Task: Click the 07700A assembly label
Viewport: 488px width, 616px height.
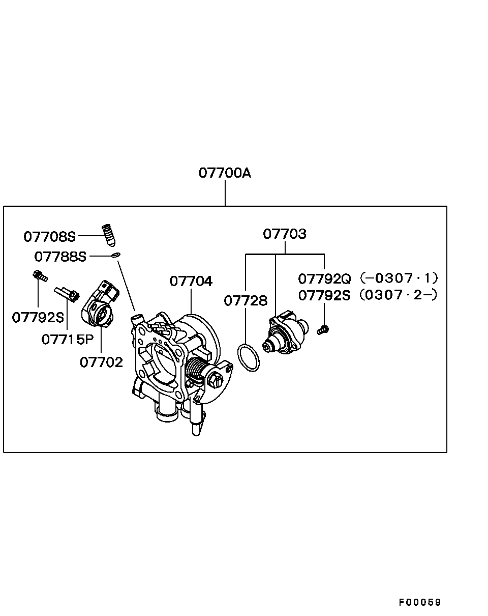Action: click(225, 173)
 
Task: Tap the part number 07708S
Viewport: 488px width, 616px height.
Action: click(49, 237)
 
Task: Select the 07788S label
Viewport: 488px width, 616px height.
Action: click(60, 257)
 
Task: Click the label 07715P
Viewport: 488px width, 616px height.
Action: click(68, 340)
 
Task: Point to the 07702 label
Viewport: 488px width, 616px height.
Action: click(101, 362)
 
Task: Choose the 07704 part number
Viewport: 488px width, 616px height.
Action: click(191, 281)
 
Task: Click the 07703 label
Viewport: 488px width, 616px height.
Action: click(285, 234)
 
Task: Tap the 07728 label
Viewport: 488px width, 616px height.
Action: click(246, 300)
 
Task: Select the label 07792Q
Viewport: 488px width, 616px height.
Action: click(324, 278)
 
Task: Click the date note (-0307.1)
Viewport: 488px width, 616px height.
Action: click(399, 278)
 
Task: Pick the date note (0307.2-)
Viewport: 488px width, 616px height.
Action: click(398, 295)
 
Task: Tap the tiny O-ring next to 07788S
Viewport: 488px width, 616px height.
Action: click(116, 255)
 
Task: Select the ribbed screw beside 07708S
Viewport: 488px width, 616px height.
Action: click(109, 235)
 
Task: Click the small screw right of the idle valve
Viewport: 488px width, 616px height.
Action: click(323, 330)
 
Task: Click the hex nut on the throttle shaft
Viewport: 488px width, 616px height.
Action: click(216, 381)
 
